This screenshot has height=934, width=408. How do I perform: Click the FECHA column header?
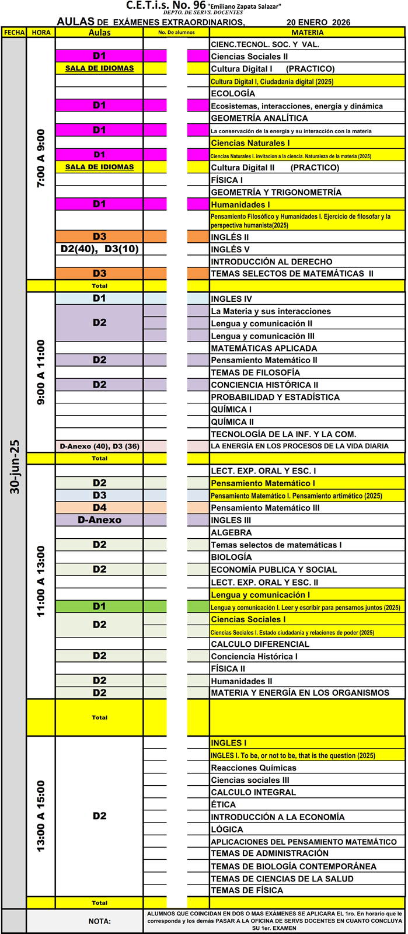coord(14,33)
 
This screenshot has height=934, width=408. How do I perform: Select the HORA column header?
coord(41,33)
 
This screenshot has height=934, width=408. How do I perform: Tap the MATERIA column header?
coord(308,33)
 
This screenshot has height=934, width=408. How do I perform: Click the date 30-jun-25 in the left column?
coord(15,467)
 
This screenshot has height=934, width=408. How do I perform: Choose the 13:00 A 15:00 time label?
coord(41,815)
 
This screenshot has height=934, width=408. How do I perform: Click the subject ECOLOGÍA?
coord(233,93)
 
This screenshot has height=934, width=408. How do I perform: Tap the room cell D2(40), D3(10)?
coord(100,249)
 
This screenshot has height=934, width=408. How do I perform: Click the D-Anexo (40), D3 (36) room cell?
coord(100,446)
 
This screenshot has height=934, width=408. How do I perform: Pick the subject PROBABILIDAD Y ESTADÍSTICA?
coord(275,397)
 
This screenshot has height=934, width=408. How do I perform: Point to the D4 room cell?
coord(100,508)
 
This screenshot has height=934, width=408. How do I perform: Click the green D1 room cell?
coord(100,607)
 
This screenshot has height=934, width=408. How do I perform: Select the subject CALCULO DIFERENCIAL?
coord(260,644)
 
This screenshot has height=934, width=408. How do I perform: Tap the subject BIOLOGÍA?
coord(231,557)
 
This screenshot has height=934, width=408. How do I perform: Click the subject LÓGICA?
coord(226,829)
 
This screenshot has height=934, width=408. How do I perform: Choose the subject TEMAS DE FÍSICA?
coord(247,890)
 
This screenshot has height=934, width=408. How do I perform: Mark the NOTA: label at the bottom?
coord(100,921)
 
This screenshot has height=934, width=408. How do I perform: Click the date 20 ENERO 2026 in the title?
coord(318,22)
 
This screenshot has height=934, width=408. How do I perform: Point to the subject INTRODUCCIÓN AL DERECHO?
coord(271,262)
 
